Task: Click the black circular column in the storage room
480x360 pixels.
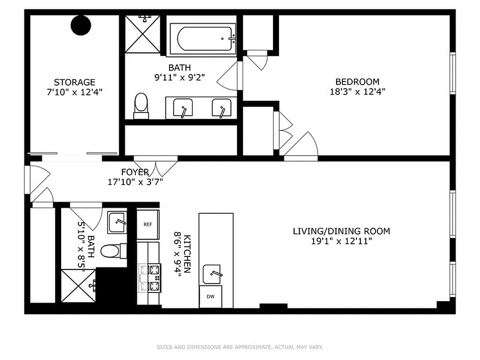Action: [x=81, y=25]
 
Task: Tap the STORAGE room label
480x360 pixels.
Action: [x=75, y=82]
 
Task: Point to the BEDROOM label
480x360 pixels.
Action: [x=357, y=82]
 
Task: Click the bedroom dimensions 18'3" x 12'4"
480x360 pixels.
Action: [x=357, y=91]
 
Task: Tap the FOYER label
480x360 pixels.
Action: [x=135, y=172]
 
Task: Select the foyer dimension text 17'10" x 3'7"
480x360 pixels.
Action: [x=135, y=182]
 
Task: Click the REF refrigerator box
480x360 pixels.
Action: [x=148, y=224]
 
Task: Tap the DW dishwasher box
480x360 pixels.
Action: [x=211, y=297]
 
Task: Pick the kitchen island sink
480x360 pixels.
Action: [x=211, y=274]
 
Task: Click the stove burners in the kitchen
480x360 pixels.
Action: [x=150, y=278]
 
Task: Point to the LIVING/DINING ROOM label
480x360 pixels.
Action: [x=341, y=231]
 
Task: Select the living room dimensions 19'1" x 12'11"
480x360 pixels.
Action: [x=341, y=241]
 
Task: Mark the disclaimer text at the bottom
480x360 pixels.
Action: [x=240, y=347]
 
